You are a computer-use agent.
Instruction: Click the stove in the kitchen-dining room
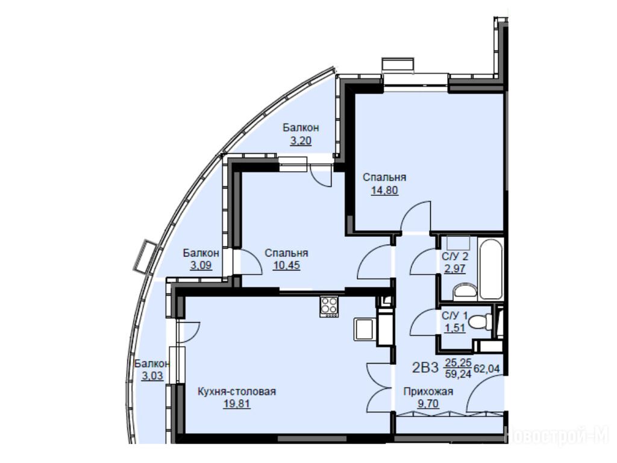click(x=329, y=306)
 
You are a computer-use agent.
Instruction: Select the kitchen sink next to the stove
click(x=363, y=329)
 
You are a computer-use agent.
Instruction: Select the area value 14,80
click(x=384, y=191)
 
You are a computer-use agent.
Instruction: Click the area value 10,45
click(x=286, y=265)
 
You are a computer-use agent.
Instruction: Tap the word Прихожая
click(x=428, y=391)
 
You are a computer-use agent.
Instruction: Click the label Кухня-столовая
click(x=236, y=391)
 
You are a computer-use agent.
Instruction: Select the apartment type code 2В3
click(x=425, y=368)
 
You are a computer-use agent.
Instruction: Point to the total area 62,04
click(x=487, y=368)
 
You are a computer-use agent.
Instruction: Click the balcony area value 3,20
click(x=301, y=140)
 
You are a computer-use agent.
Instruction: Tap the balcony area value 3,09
click(x=201, y=265)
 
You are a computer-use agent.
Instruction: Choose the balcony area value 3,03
click(x=152, y=376)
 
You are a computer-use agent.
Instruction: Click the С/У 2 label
click(x=455, y=257)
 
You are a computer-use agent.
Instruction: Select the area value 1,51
click(x=455, y=328)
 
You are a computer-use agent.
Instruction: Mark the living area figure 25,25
click(x=458, y=362)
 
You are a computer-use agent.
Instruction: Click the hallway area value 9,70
click(x=428, y=403)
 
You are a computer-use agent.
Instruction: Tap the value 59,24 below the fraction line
click(x=458, y=374)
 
